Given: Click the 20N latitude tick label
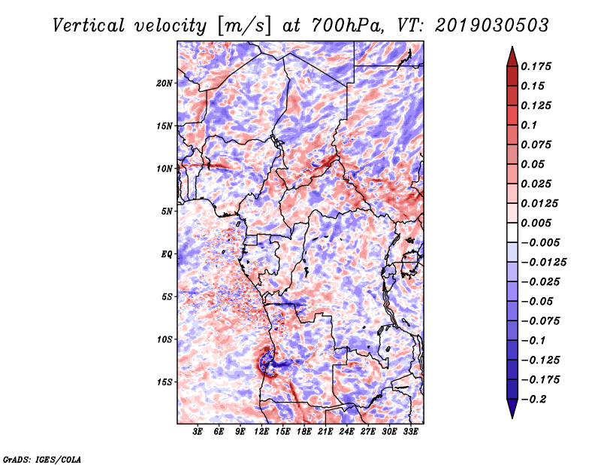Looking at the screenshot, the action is [165, 84].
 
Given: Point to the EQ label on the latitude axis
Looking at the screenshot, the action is [167, 254].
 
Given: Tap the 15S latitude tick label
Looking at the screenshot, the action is [165, 382].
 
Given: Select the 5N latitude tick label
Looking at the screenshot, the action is [167, 211].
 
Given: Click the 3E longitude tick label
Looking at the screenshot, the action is [198, 432].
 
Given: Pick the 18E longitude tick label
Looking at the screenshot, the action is [304, 432].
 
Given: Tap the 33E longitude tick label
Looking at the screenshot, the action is [410, 432].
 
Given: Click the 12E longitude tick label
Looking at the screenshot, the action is [261, 432].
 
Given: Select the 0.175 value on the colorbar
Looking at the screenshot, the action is [536, 66].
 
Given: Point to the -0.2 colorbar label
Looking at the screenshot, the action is [533, 400].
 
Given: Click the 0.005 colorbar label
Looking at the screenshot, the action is [536, 223].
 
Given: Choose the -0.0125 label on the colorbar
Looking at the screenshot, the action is [543, 263].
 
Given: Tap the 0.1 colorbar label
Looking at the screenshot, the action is [529, 125].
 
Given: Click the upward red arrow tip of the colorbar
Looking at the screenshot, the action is [512, 47].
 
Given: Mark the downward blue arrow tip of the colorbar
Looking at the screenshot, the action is [512, 418].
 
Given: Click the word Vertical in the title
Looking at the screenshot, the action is [89, 26].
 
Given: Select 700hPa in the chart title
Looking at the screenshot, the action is [347, 26].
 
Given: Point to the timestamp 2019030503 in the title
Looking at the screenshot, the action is [492, 26].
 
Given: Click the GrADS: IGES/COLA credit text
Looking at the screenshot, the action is [42, 460].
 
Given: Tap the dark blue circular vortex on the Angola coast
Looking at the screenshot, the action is [266, 361].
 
